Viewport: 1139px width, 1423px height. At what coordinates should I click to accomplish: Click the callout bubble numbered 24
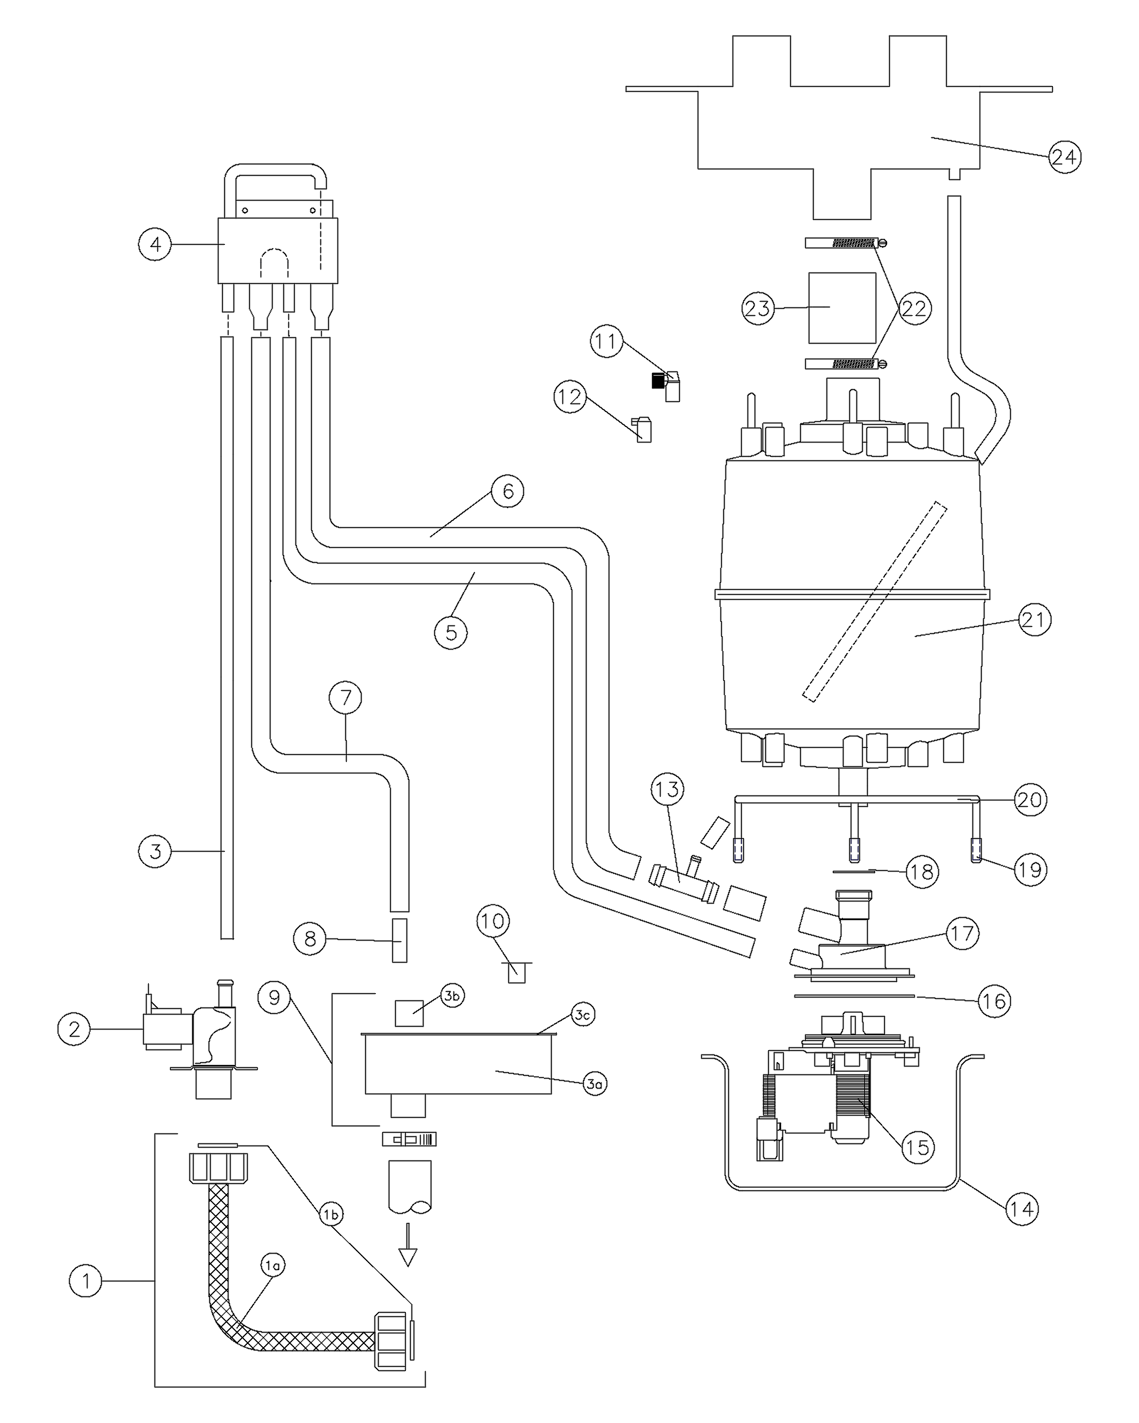[1064, 157]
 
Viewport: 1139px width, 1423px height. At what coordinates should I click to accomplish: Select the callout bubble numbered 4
[155, 245]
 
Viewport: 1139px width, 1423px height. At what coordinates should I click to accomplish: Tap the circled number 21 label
[1034, 620]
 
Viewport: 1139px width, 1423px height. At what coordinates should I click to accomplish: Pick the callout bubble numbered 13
[667, 789]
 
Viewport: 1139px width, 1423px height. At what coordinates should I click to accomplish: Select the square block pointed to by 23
[842, 307]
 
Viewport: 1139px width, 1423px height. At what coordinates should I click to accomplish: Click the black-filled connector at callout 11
[656, 381]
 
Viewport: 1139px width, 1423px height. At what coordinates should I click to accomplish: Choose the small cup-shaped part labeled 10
[516, 972]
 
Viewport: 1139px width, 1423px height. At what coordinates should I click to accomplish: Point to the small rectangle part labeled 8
[400, 940]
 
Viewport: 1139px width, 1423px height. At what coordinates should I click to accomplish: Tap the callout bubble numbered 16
[994, 1001]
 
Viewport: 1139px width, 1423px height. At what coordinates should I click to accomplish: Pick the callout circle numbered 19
[1030, 869]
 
